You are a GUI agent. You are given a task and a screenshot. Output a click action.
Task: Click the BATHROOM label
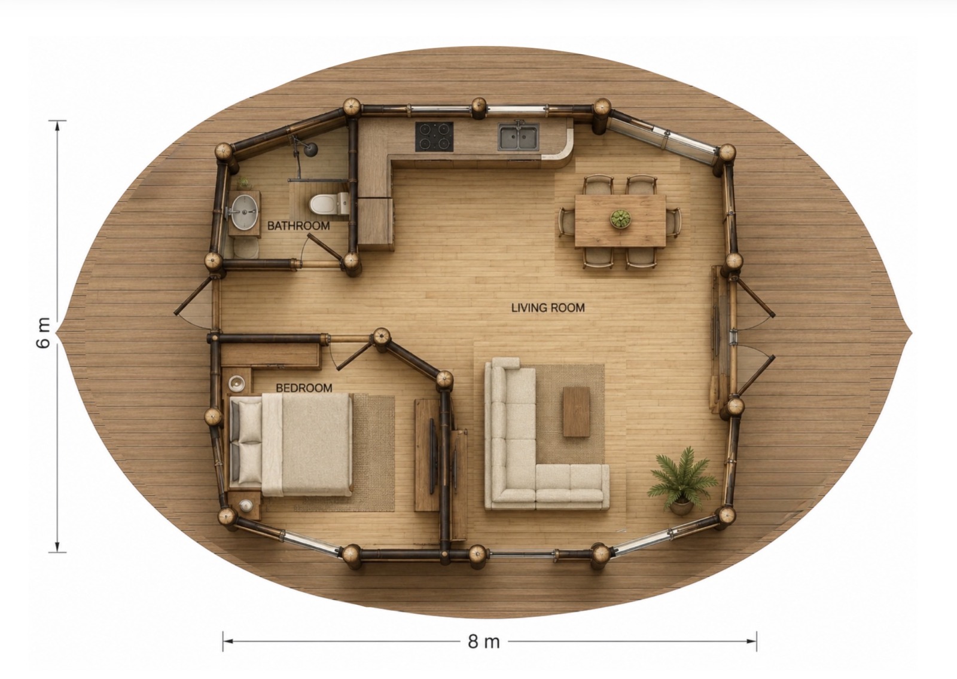coord(298,226)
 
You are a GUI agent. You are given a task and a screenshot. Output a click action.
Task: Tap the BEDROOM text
coord(304,388)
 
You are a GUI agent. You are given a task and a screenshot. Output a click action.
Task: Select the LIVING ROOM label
coord(548,307)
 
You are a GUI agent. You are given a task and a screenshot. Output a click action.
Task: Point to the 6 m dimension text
coord(44,333)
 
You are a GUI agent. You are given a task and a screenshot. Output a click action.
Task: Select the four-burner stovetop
coord(434,136)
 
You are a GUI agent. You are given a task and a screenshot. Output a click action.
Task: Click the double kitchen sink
coord(519,137)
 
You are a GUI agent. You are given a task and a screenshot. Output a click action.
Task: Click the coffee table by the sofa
coord(577,412)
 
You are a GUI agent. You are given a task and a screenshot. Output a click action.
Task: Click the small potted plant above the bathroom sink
coord(244,183)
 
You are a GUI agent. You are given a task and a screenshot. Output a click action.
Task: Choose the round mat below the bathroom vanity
coord(246,247)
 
